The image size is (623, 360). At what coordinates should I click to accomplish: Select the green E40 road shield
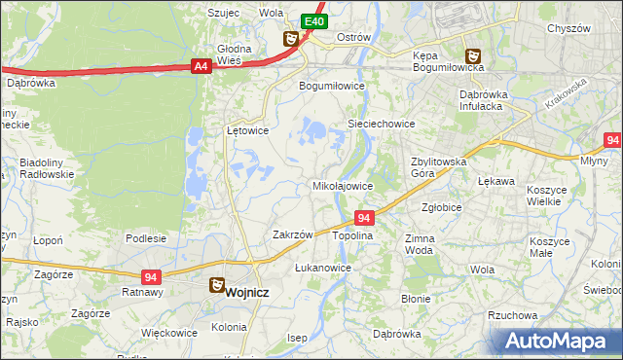click(x=312, y=21)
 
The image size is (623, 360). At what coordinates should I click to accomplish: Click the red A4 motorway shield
click(x=201, y=66)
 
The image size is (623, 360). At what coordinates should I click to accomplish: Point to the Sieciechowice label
click(x=382, y=125)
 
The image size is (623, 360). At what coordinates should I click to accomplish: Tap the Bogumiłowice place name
click(x=332, y=85)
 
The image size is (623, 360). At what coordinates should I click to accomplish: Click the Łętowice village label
click(x=247, y=129)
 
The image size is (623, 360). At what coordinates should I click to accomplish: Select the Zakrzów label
click(x=292, y=234)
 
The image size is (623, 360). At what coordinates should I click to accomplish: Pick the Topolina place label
click(x=352, y=236)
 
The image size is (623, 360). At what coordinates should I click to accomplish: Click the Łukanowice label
click(x=322, y=267)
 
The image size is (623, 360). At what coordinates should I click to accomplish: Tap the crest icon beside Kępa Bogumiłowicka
click(x=472, y=56)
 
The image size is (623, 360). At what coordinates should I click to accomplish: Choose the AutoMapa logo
click(x=560, y=341)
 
